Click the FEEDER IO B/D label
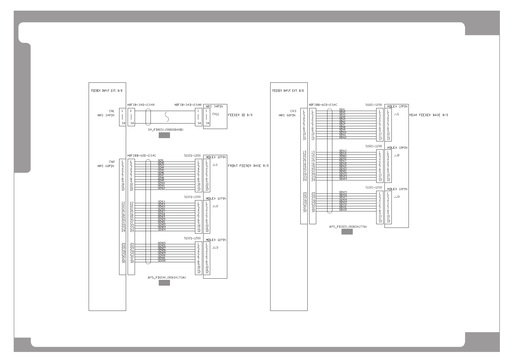(x=240, y=115)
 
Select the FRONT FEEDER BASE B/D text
(x=248, y=166)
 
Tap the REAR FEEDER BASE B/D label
(x=429, y=115)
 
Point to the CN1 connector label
(x=112, y=111)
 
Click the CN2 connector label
(x=112, y=162)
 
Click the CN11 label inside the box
(x=216, y=114)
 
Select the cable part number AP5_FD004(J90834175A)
(x=166, y=278)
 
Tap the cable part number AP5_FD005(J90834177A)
(x=348, y=227)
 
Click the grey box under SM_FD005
(x=164, y=136)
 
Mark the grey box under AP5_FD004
(x=164, y=283)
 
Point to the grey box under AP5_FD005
(x=347, y=232)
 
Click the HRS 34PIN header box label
(x=214, y=106)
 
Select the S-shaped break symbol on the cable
(x=166, y=117)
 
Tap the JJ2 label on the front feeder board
(x=215, y=206)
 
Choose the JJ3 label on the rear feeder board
(x=396, y=197)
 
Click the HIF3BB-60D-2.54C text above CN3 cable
(x=323, y=105)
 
